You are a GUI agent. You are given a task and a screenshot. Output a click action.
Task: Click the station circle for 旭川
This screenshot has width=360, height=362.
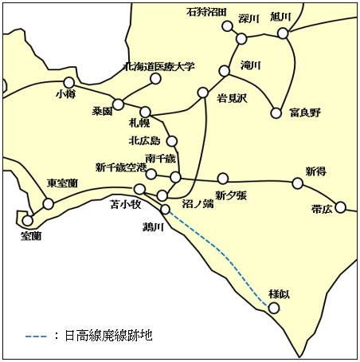coord(283,33)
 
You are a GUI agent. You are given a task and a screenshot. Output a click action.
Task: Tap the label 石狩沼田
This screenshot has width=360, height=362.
coord(207,12)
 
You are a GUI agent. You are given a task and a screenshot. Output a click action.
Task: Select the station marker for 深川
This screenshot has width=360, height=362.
coord(241,38)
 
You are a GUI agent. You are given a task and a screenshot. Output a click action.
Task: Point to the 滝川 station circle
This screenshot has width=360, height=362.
coord(224,71)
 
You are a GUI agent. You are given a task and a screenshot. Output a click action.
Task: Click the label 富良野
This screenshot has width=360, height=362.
coord(305,112)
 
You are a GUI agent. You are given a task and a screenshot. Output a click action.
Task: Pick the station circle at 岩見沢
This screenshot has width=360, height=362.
coord(202,92)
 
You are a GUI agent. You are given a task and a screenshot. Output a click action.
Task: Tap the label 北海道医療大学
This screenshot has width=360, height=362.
coord(159,67)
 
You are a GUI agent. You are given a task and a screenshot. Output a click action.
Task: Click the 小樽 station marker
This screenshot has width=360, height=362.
coord(68,82)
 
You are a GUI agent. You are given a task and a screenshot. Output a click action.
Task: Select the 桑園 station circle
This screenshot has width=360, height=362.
coord(118,104)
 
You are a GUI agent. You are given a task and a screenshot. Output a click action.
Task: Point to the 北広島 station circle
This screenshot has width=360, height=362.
coord(171,141)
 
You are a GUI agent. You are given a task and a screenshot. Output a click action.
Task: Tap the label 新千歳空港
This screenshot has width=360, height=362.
coord(121,167)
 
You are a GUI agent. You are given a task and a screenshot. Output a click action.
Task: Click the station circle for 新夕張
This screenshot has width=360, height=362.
coord(222,178)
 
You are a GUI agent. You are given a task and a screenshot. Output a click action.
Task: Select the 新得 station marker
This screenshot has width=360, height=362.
coord(297,183)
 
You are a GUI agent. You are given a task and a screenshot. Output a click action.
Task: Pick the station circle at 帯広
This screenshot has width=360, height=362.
coord(341,207)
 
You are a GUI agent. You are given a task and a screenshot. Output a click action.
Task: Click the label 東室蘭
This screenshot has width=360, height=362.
coord(62,183)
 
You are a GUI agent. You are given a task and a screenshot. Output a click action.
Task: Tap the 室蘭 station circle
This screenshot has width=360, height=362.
coord(28,221)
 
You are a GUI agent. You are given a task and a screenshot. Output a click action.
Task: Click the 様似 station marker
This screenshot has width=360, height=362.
coord(274,308)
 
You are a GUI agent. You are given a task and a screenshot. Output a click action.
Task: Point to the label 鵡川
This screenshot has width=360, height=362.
coord(152,227)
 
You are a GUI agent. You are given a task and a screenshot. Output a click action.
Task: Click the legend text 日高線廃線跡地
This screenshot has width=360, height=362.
coord(108,336)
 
